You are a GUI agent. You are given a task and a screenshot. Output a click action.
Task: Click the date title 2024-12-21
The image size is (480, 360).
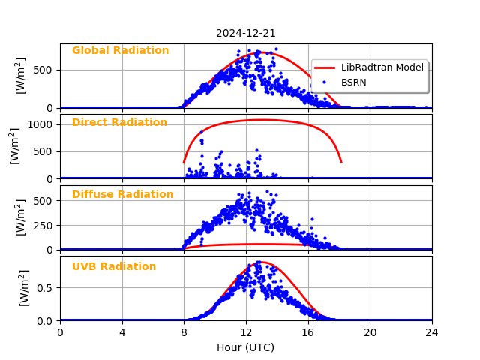tap(246, 33)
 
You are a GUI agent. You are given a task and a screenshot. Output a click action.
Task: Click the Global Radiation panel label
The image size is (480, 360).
tap(120, 51)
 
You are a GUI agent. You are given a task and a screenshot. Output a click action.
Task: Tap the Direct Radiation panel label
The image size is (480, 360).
tap(119, 123)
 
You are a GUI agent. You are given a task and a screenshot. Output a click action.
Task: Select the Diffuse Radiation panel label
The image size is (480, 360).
tap(122, 195)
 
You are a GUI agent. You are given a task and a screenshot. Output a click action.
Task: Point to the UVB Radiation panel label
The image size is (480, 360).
tap(114, 267)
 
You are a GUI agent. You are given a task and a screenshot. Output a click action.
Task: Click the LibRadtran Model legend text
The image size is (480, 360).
tap(382, 67)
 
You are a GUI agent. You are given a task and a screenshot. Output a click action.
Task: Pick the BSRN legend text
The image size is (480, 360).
tap(354, 82)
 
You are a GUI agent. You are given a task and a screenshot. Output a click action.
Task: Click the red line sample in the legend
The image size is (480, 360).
tap(326, 67)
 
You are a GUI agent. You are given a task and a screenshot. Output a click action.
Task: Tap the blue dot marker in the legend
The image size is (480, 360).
tap(326, 82)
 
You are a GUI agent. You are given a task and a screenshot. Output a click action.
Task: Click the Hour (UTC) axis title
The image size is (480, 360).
tap(246, 347)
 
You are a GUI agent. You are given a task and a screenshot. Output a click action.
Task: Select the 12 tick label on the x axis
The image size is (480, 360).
tap(246, 332)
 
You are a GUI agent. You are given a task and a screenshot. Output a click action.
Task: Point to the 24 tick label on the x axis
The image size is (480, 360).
tap(432, 332)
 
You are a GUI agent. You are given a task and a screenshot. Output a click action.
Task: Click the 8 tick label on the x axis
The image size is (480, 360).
tap(184, 332)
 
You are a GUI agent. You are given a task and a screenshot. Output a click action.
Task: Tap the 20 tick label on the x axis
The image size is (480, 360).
tap(370, 332)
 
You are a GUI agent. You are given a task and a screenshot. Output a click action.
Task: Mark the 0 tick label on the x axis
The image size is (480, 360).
tap(61, 332)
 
